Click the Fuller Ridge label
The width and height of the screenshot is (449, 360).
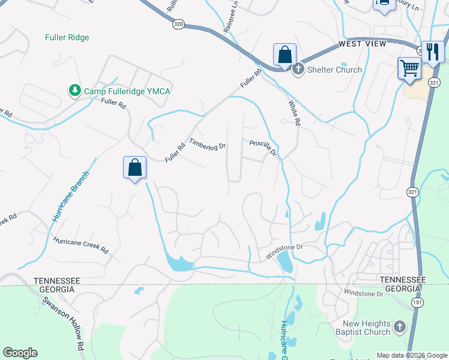point(67,37)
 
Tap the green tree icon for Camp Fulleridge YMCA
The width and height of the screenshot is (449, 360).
point(75,91)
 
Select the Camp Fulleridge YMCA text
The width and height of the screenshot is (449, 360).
point(127,91)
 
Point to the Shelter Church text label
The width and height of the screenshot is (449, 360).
point(334,70)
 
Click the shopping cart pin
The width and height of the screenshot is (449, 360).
point(409,67)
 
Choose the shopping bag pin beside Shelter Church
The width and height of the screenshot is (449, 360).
point(285,54)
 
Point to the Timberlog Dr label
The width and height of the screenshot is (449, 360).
point(207,145)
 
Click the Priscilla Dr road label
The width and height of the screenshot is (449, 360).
point(264,148)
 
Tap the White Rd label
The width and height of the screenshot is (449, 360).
point(294,112)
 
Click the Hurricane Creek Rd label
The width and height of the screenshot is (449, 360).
point(80,244)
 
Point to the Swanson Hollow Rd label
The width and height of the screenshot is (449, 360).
point(64,317)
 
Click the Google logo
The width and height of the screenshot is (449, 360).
point(20,353)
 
